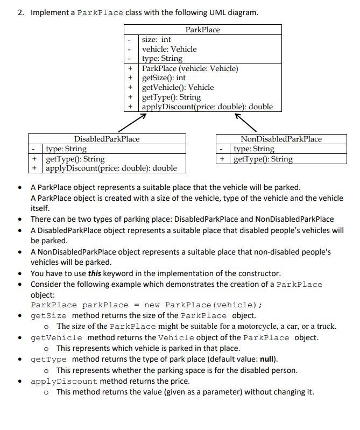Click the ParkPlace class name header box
coord(202,30)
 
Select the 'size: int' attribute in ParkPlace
coord(156,39)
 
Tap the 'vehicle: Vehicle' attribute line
coord(169,49)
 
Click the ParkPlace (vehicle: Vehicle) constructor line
coord(189,68)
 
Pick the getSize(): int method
coord(164,78)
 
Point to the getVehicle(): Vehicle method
coord(178,87)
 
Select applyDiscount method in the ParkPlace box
coord(207,107)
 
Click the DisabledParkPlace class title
coord(107,139)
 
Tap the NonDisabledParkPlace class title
coord(281,139)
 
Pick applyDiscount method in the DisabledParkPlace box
coord(111,168)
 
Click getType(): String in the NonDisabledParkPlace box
coord(263,159)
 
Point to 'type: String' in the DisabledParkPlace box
coord(66,149)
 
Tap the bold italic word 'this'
coord(95,273)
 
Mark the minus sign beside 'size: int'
coord(130,39)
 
